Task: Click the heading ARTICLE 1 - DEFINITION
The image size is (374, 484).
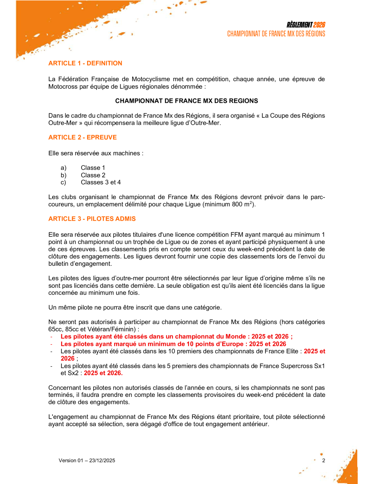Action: click(x=85, y=63)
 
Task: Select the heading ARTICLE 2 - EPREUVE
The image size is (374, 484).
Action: click(x=83, y=137)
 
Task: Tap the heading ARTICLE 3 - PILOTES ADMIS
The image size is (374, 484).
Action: click(x=92, y=219)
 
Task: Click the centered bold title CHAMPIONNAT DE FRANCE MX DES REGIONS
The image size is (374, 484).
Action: click(x=186, y=101)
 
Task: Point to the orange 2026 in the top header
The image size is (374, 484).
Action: click(x=319, y=25)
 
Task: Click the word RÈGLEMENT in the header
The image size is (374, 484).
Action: click(x=299, y=25)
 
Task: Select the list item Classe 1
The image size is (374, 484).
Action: click(x=93, y=168)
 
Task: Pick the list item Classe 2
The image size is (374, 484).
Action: click(x=93, y=175)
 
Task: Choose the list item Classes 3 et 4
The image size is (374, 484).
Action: click(x=101, y=182)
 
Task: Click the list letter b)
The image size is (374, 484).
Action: click(x=64, y=175)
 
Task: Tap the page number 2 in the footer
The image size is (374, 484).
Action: click(x=324, y=461)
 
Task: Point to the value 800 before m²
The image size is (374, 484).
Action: click(x=237, y=204)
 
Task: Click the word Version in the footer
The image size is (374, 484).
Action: click(x=67, y=461)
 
